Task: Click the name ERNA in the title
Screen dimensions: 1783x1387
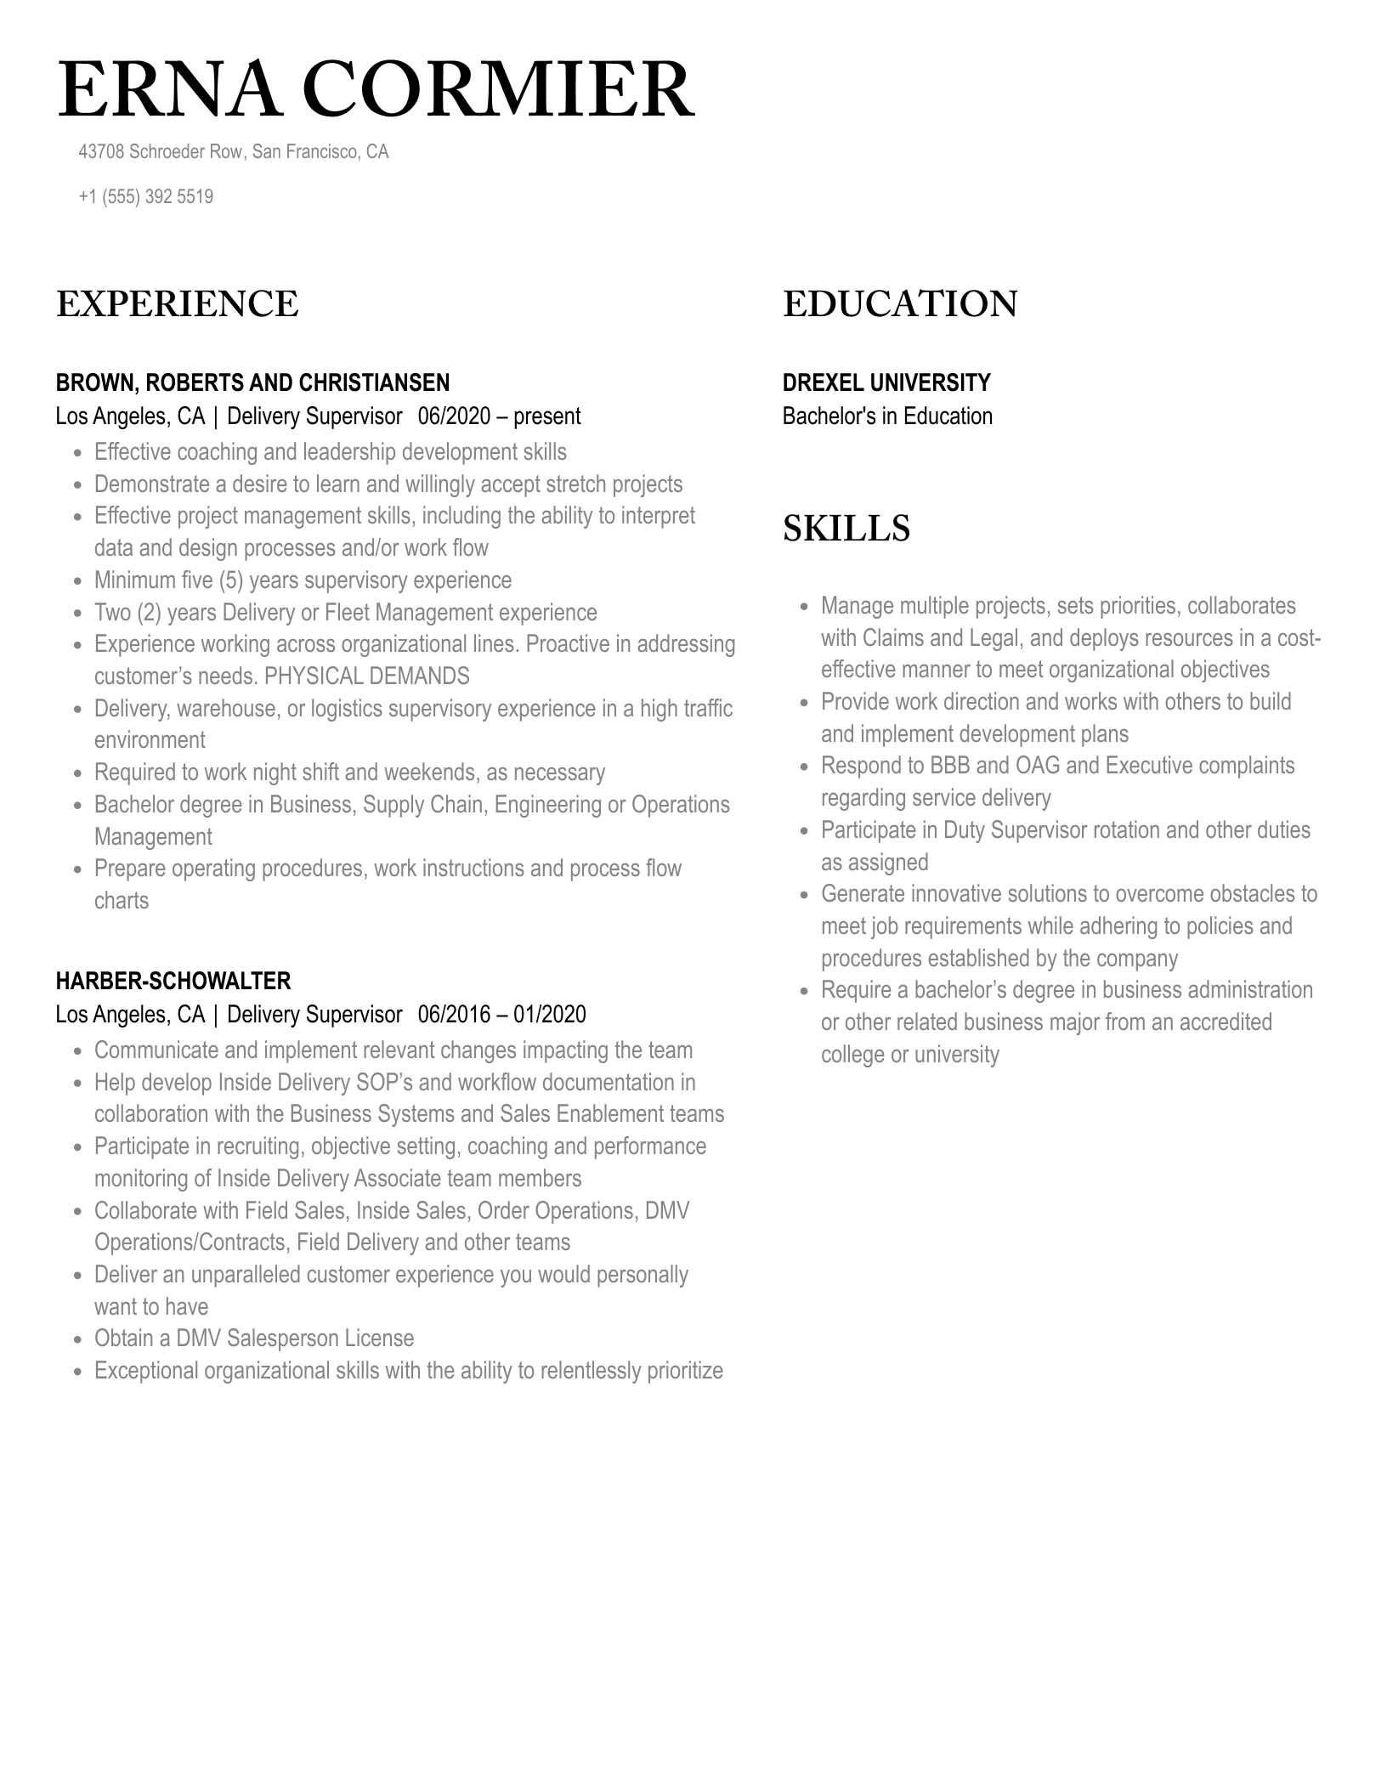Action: [x=170, y=91]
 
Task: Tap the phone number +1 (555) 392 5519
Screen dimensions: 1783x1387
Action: [x=145, y=197]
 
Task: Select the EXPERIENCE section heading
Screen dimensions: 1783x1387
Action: [x=178, y=304]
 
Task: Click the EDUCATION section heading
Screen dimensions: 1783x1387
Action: [x=900, y=304]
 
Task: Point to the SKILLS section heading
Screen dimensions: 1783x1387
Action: [x=846, y=529]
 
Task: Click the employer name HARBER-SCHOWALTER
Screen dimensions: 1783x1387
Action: [x=173, y=981]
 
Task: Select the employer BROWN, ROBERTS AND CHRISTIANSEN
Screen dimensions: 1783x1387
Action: [x=252, y=382]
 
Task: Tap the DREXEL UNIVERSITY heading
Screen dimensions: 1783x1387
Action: [x=886, y=382]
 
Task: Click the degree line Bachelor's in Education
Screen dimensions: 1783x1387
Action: [x=887, y=416]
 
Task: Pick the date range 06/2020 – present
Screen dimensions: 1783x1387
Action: [x=499, y=416]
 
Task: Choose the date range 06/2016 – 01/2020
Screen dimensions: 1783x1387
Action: [x=501, y=1015]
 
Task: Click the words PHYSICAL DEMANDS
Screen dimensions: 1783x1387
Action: [x=366, y=676]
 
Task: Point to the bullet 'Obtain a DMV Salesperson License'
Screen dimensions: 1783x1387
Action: [x=253, y=1339]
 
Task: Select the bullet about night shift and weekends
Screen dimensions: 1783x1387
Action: [x=349, y=773]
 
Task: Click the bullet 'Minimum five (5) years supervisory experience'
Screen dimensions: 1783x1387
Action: [x=303, y=580]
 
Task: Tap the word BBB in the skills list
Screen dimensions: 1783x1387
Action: [x=950, y=766]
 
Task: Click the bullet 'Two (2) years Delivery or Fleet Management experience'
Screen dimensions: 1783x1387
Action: [x=345, y=613]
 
